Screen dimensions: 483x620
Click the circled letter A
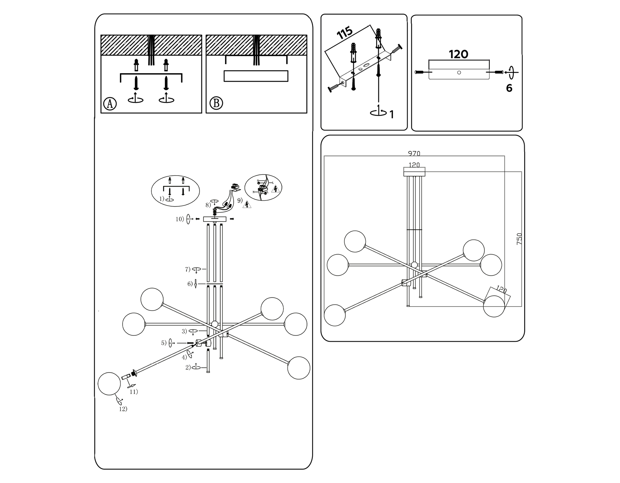110,103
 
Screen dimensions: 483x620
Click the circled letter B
216,103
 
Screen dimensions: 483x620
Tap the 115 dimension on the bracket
345,33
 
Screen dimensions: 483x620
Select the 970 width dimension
414,154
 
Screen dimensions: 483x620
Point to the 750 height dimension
519,239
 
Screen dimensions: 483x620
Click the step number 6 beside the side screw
509,88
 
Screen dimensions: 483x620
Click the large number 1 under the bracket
392,114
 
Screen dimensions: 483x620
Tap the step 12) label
123,409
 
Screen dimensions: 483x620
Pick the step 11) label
134,392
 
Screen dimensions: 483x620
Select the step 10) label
180,219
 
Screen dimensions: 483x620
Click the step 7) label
188,269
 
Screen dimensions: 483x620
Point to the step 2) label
188,367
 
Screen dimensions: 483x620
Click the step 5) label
164,343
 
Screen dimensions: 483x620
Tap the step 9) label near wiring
240,200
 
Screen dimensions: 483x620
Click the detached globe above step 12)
109,384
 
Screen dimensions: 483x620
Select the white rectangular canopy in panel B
256,76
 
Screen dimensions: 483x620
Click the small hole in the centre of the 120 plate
459,72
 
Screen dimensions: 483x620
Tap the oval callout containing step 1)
175,190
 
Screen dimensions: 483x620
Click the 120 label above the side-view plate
458,54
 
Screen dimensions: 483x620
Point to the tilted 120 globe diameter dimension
502,290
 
